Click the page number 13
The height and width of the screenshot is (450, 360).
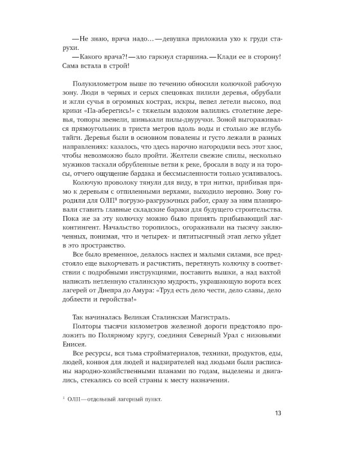coord(277,412)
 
